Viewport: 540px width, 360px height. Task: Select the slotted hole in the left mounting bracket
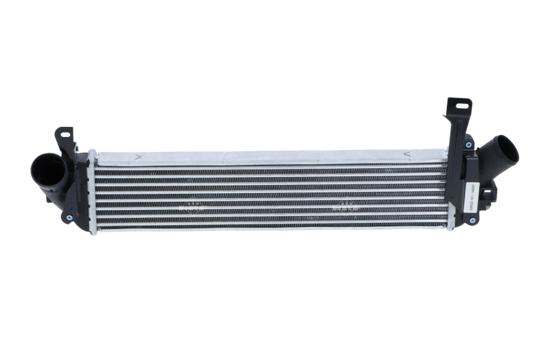tap(65, 134)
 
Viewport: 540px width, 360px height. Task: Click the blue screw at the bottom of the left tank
tap(68, 217)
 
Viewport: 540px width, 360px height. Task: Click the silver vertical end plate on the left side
tap(92, 192)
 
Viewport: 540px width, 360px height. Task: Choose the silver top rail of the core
tap(270, 157)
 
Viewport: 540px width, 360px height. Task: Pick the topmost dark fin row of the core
tap(270, 168)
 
